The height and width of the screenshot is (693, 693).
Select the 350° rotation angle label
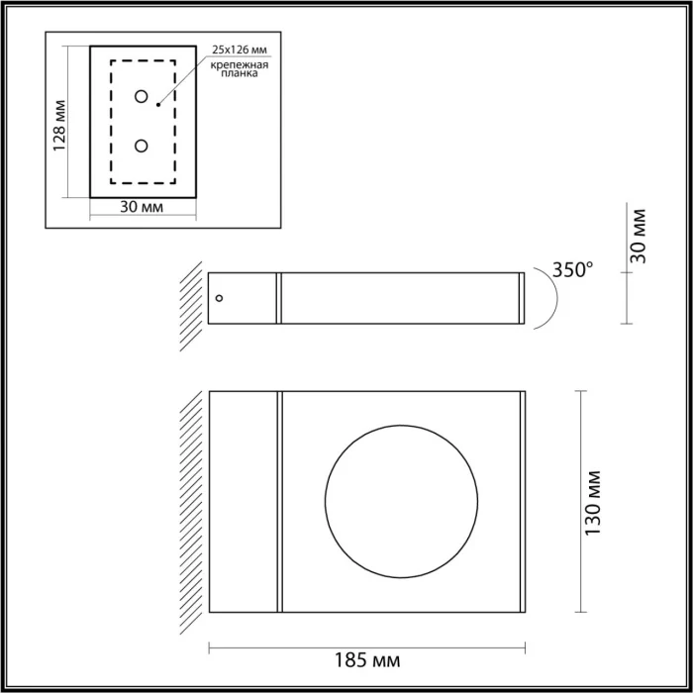point(573,268)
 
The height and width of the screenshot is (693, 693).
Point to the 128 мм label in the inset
point(60,124)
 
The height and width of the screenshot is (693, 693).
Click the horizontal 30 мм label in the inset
point(141,207)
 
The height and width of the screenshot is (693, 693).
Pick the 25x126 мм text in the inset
point(239,49)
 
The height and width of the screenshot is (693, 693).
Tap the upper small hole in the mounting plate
point(142,97)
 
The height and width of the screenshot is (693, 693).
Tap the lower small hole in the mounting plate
point(142,146)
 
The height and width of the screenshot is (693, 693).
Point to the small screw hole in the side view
point(220,296)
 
